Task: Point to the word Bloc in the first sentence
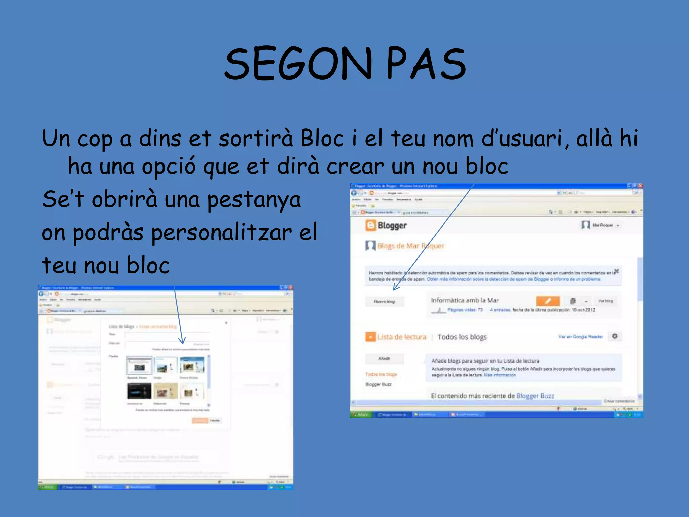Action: click(x=322, y=138)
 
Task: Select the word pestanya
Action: click(x=254, y=199)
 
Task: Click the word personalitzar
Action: click(x=221, y=233)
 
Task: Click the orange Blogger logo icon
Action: click(x=370, y=225)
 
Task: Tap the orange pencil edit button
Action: click(x=548, y=301)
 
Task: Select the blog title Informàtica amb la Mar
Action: click(x=464, y=300)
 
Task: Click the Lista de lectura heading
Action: click(x=401, y=337)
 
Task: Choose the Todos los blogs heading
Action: click(x=462, y=337)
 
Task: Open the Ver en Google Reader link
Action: click(x=580, y=337)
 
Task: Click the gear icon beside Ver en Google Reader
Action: click(x=615, y=336)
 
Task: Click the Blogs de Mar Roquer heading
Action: click(x=410, y=246)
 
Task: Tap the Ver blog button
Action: click(x=606, y=301)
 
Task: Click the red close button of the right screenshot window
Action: click(x=640, y=186)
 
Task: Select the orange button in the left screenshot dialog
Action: click(x=200, y=420)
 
